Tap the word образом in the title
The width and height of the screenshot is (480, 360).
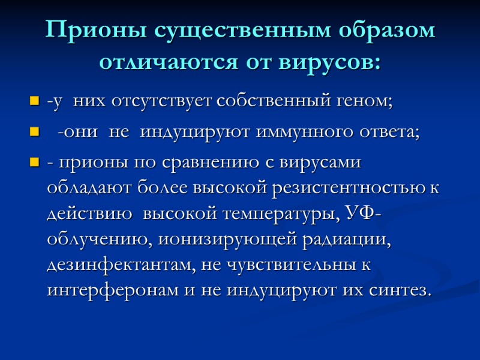(385, 31)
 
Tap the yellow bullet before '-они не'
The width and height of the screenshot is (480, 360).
(34, 133)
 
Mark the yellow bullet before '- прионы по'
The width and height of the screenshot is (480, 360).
(34, 164)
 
